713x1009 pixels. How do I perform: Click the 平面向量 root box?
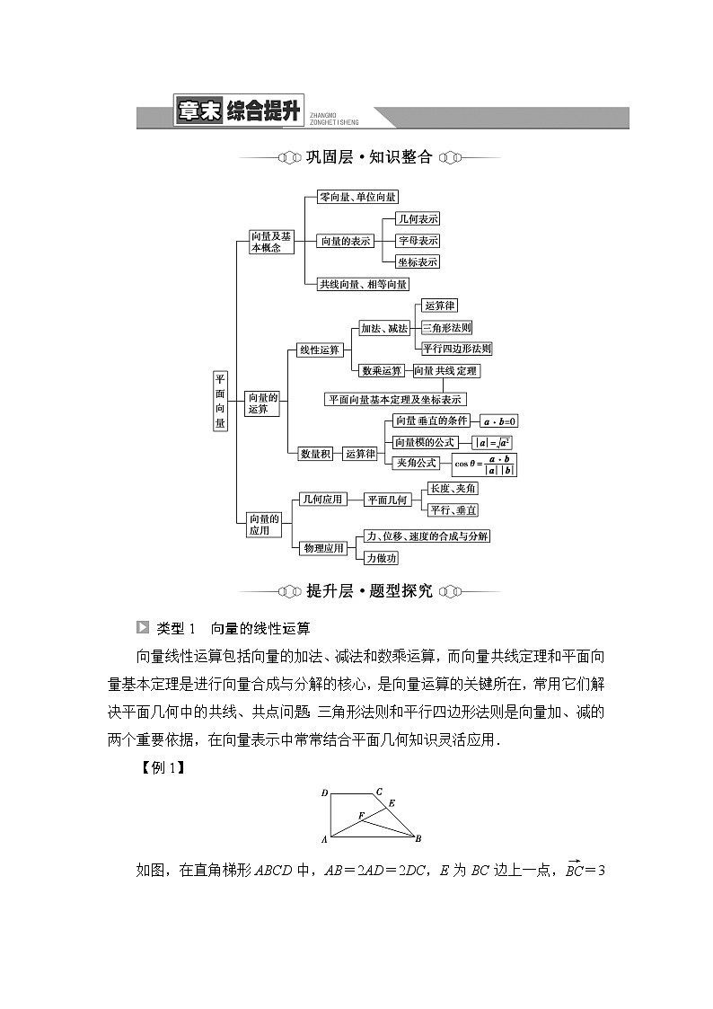point(220,401)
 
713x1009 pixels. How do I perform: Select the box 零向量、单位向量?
point(357,197)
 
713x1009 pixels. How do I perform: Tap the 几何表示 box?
point(418,219)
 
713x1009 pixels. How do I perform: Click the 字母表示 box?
point(418,241)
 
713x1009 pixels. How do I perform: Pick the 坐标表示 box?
point(418,262)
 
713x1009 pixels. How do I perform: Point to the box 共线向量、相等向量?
point(363,284)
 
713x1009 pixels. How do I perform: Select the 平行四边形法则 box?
point(457,349)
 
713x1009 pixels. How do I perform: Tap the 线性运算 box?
point(319,350)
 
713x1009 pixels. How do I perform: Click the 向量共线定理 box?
point(445,370)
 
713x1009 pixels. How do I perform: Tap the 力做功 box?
point(381,558)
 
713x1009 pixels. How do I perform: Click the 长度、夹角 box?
point(453,488)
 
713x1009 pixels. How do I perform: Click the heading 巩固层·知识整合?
point(369,157)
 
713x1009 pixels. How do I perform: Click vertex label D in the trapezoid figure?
point(324,793)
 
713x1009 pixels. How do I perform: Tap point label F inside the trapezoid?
point(360,815)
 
